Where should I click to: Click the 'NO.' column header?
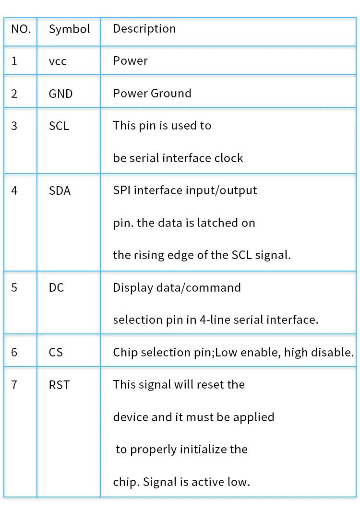pyautogui.click(x=21, y=29)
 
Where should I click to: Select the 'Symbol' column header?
pyautogui.click(x=69, y=29)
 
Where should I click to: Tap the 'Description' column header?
pyautogui.click(x=144, y=29)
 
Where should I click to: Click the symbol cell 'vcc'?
pyautogui.click(x=58, y=61)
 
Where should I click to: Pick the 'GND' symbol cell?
pyautogui.click(x=60, y=94)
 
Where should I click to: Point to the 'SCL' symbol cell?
pyautogui.click(x=59, y=126)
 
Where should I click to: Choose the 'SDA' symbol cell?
pyautogui.click(x=60, y=190)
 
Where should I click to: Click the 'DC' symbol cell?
pyautogui.click(x=57, y=287)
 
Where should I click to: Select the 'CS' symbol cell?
pyautogui.click(x=56, y=352)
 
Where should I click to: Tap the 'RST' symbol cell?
pyautogui.click(x=59, y=385)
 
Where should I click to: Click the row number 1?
pyautogui.click(x=14, y=61)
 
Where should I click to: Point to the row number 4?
pyautogui.click(x=14, y=190)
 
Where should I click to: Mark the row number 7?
pyautogui.click(x=14, y=385)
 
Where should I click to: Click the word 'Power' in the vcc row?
pyautogui.click(x=130, y=61)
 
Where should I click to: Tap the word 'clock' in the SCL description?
pyautogui.click(x=228, y=158)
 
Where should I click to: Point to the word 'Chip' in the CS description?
pyautogui.click(x=123, y=353)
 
